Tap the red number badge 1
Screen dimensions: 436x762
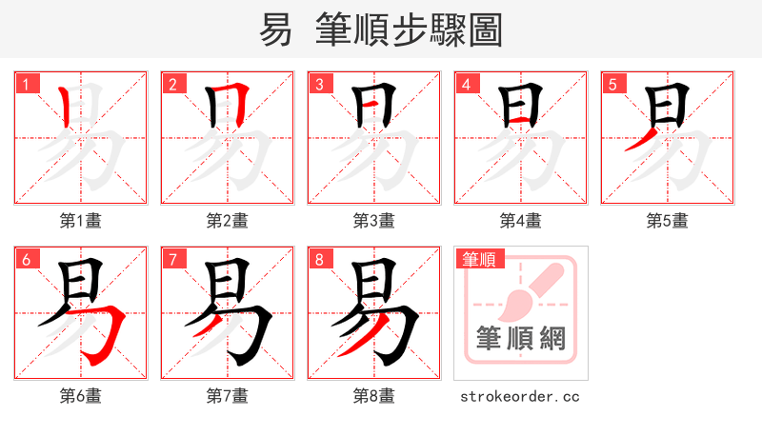(x=26, y=85)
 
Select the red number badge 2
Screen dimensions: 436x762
(x=172, y=85)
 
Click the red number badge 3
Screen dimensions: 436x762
(x=319, y=85)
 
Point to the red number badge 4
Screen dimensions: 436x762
(x=466, y=85)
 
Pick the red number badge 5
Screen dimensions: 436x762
(x=612, y=85)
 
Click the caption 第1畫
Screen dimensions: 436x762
(x=81, y=221)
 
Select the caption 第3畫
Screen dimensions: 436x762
(x=374, y=221)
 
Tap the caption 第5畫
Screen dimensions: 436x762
(x=668, y=221)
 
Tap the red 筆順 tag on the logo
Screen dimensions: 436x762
(x=479, y=259)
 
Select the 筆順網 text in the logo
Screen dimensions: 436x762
(x=521, y=339)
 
